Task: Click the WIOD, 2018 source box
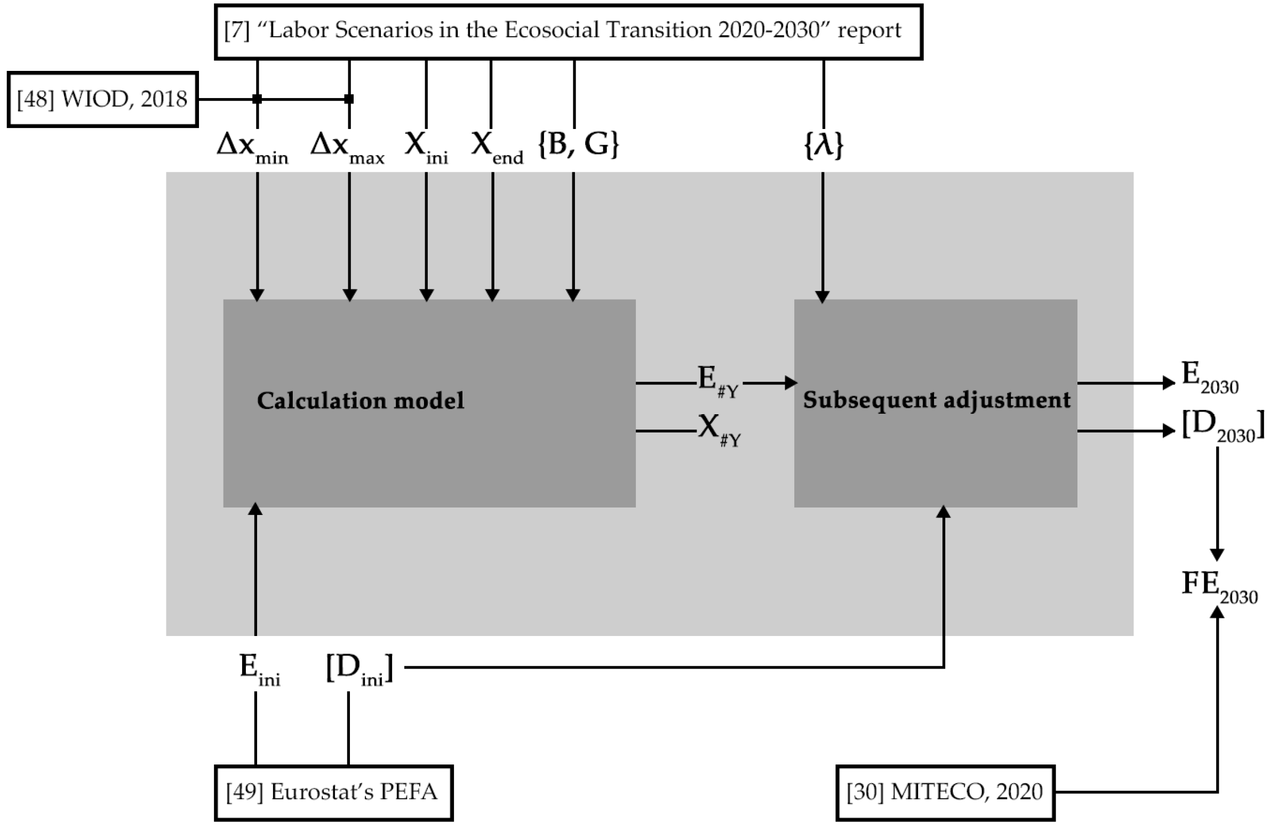coord(102,100)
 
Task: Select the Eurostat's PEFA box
coord(333,793)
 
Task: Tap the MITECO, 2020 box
coord(945,793)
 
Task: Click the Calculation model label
coord(361,401)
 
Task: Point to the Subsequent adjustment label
coord(937,400)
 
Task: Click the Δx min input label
coord(252,147)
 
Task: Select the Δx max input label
coord(347,147)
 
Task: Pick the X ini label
coord(426,147)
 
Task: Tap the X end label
coord(497,147)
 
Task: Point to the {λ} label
coord(824,145)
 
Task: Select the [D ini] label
coord(359,670)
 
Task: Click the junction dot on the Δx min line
coord(257,99)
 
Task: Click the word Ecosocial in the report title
coord(552,30)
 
